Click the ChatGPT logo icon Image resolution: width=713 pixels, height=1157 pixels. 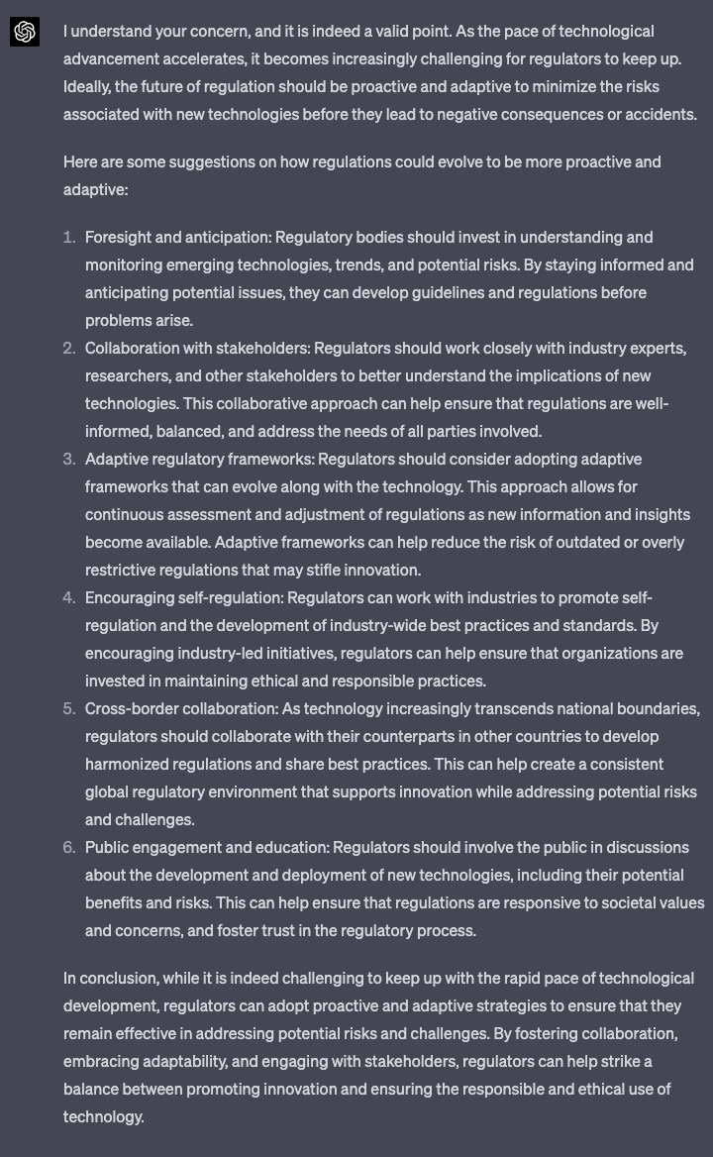pos(25,32)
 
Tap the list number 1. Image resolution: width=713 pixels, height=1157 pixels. pos(68,238)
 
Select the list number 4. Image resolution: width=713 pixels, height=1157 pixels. pos(68,598)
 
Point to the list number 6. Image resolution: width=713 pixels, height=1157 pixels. pos(68,848)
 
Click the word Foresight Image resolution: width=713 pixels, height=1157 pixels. pos(118,238)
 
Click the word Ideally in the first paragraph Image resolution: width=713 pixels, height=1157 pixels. pos(86,87)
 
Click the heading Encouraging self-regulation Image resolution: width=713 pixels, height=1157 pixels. pos(184,598)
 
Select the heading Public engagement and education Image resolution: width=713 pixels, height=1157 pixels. pos(207,848)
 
